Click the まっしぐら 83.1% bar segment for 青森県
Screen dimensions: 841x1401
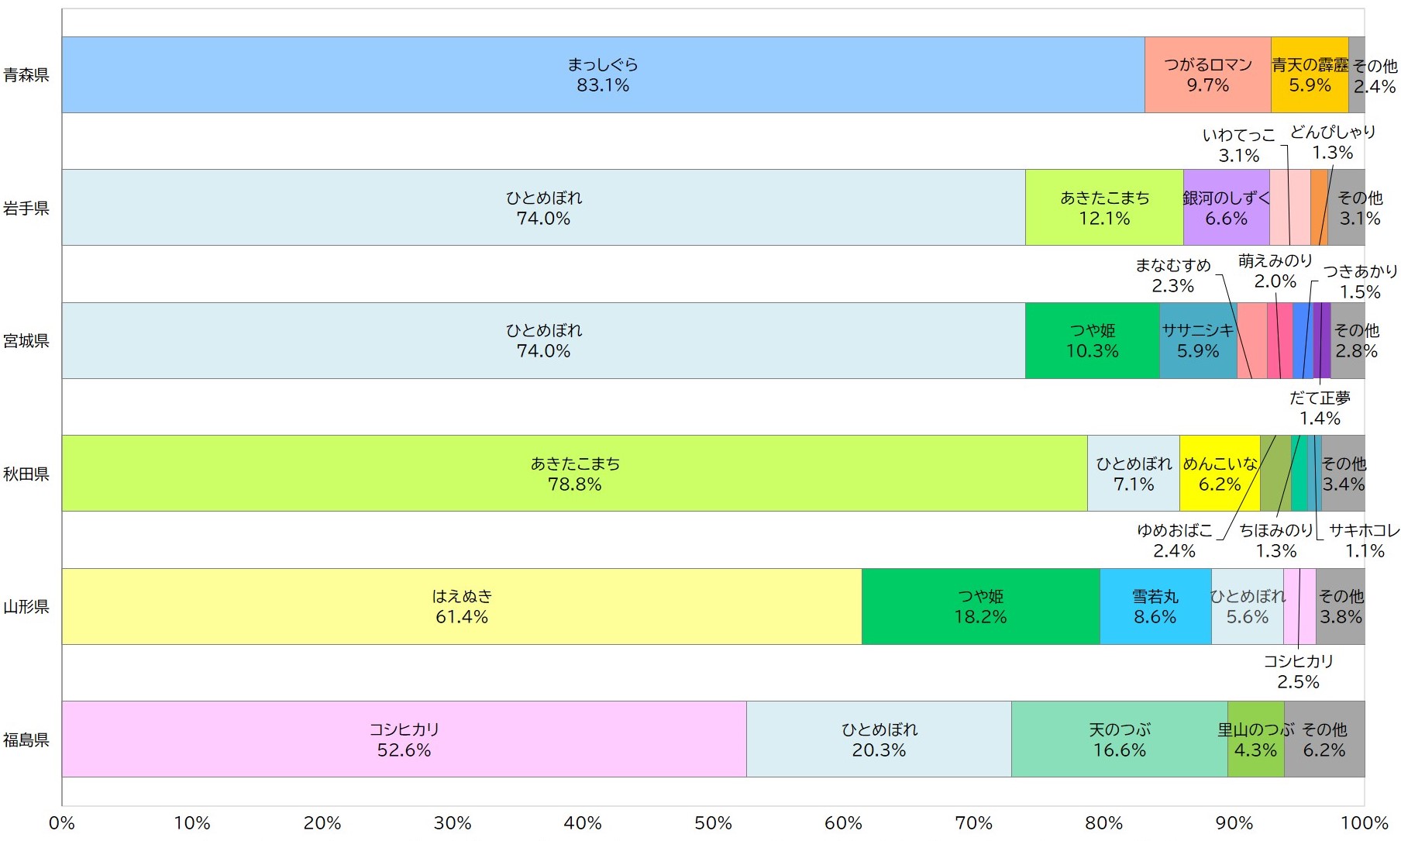click(603, 74)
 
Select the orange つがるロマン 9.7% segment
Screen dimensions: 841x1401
click(1207, 74)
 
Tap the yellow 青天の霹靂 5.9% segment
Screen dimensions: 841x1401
click(1310, 74)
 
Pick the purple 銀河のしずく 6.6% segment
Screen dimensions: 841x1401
click(1226, 208)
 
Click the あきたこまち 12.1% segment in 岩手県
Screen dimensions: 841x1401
click(1104, 208)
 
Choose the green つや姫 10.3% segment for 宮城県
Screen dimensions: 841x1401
click(1092, 340)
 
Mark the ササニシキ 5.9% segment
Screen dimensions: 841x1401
click(1198, 340)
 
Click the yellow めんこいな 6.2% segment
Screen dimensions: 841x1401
click(1220, 474)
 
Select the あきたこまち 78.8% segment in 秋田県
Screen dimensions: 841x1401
click(574, 474)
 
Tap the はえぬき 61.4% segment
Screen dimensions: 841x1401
click(462, 606)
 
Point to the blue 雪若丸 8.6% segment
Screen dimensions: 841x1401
click(1155, 606)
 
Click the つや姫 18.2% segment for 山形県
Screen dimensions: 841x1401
click(980, 606)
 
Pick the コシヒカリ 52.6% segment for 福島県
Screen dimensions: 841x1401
click(404, 739)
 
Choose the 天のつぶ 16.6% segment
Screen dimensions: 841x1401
click(1119, 739)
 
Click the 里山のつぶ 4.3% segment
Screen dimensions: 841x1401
click(1255, 739)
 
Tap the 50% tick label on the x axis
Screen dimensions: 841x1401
click(713, 823)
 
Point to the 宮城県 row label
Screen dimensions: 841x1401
click(26, 341)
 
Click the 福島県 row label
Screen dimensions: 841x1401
click(26, 740)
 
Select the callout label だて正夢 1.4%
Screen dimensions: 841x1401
click(1320, 408)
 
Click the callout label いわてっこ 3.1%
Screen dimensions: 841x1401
click(1238, 145)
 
